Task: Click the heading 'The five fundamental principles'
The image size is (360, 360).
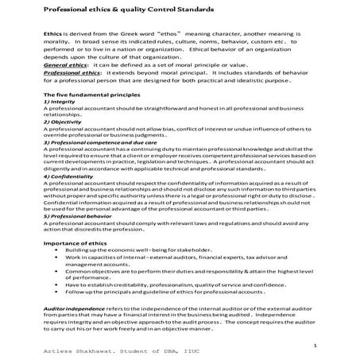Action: [92, 95]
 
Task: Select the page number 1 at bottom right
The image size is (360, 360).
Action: [315, 346]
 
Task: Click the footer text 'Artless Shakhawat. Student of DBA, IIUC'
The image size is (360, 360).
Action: [114, 353]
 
